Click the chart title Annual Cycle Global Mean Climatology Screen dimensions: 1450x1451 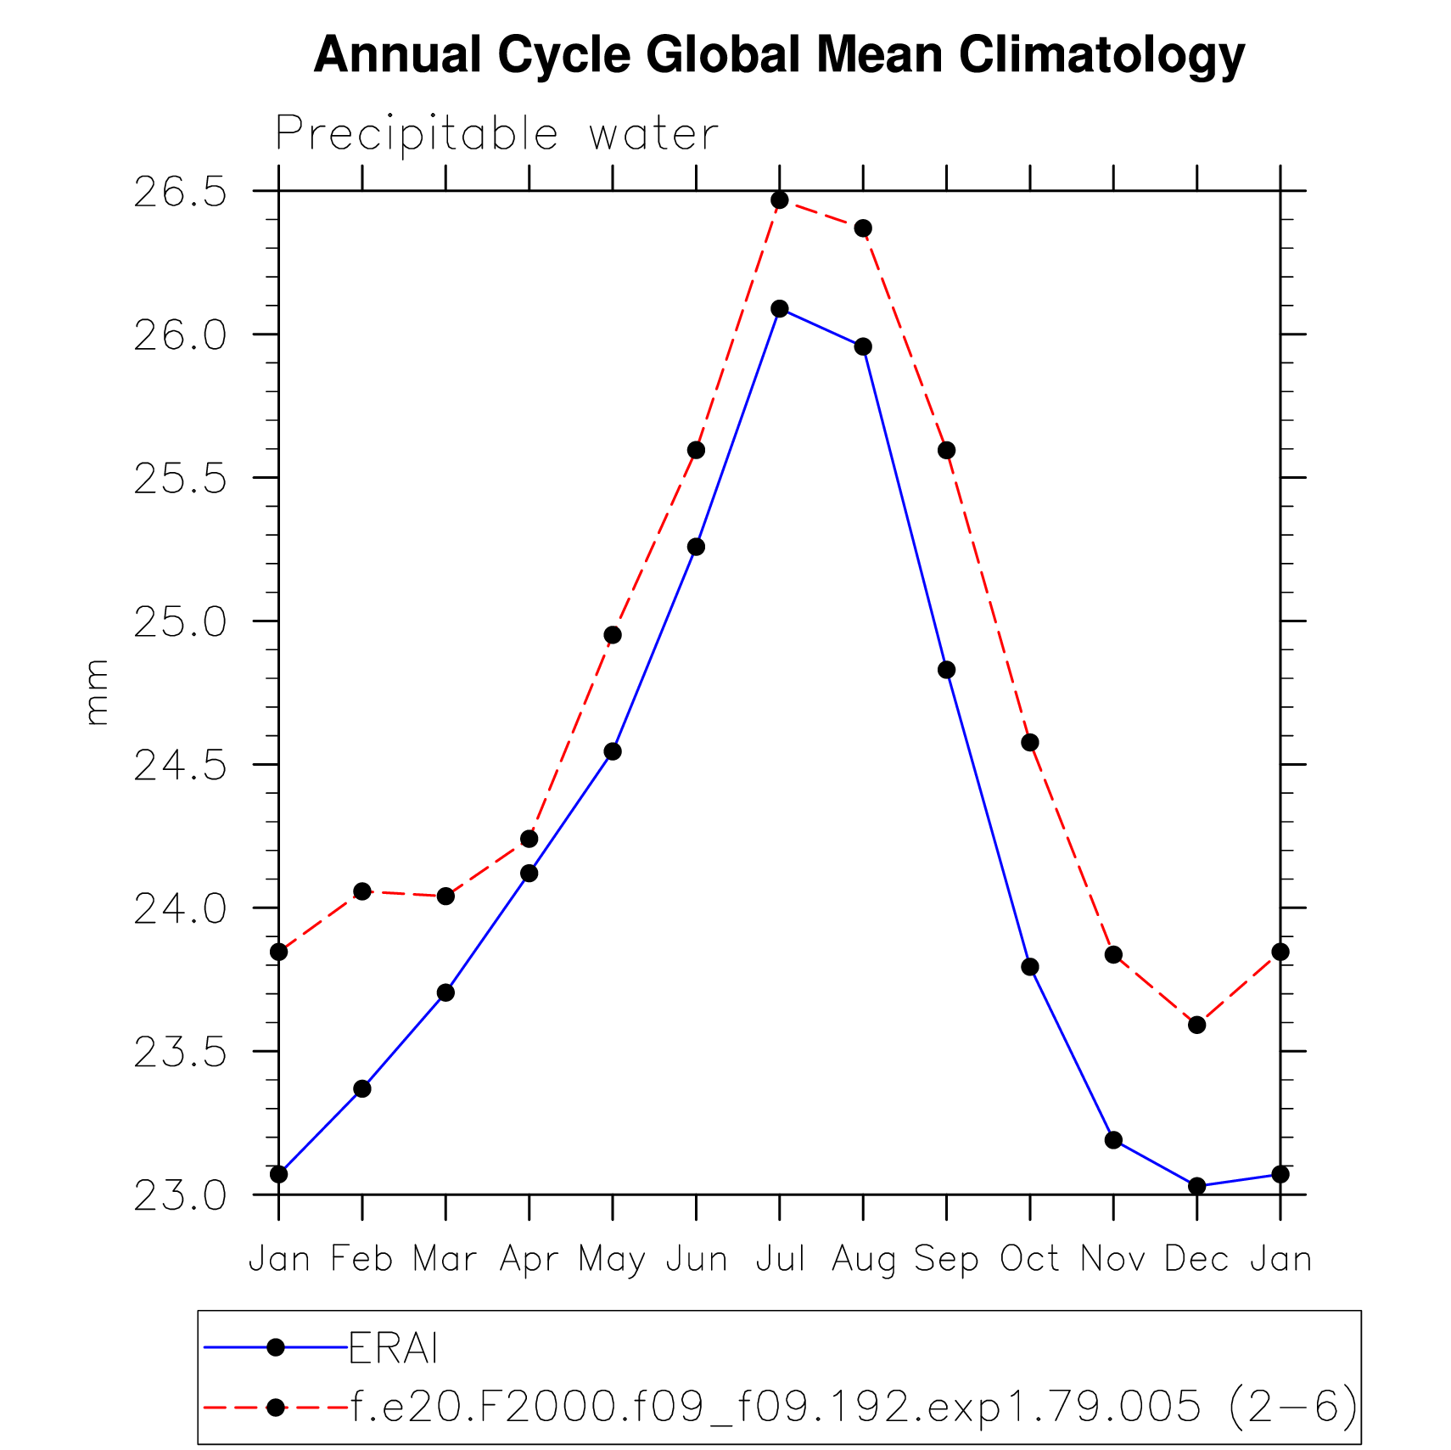coord(779,55)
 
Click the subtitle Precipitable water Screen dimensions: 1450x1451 coord(496,134)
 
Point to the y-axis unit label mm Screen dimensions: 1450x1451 coord(97,693)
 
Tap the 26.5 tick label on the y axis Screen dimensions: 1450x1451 coord(181,193)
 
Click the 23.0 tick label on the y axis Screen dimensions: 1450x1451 coord(181,1196)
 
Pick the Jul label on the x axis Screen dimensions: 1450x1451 coord(780,1259)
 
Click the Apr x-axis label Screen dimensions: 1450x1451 coord(529,1259)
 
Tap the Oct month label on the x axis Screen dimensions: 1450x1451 coord(1029,1259)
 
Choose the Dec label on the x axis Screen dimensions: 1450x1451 coord(1196,1259)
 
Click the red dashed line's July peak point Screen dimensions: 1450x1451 coord(780,200)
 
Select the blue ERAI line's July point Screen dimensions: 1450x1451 coord(780,308)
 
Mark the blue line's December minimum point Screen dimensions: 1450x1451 coord(1197,1186)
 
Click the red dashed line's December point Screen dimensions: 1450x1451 coord(1197,1025)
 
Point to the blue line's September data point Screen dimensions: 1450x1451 coord(947,670)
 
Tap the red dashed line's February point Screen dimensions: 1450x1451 coord(362,891)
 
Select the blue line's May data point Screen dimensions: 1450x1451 coord(613,751)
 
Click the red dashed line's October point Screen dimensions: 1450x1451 coord(1030,743)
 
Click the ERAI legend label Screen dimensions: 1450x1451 coord(394,1348)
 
